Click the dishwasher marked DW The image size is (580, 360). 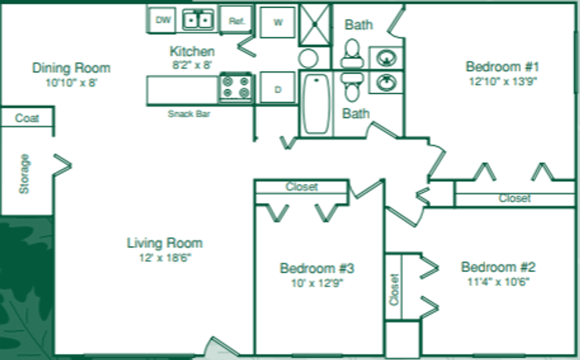tap(164, 20)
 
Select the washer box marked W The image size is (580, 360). tap(278, 23)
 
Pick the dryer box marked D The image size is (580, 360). tap(278, 89)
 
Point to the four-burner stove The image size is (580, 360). tap(235, 88)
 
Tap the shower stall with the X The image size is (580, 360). tap(315, 25)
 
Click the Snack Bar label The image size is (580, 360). tap(188, 114)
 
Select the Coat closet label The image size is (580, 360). tap(27, 118)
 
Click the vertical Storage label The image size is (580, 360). tap(24, 174)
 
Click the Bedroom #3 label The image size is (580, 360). tap(317, 268)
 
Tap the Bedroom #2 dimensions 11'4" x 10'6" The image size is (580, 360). tap(498, 282)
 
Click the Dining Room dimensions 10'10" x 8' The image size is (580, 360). tap(71, 83)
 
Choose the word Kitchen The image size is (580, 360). tap(192, 52)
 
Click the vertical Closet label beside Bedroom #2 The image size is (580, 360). tap(395, 290)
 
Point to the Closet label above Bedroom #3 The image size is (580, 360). tap(302, 187)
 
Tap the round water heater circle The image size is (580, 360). tap(309, 58)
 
